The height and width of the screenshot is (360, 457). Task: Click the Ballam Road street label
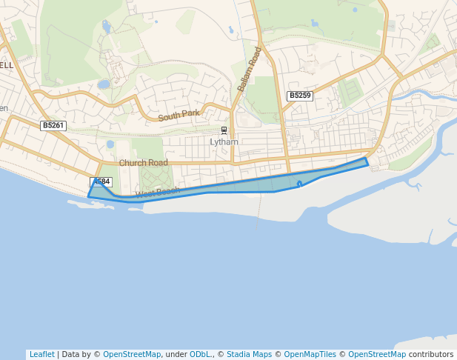click(x=250, y=70)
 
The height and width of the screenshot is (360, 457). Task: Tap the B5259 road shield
click(x=300, y=96)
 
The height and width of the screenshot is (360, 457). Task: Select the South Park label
click(x=179, y=115)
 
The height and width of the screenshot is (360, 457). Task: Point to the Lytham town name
click(x=224, y=141)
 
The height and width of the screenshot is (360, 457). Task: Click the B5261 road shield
click(x=53, y=126)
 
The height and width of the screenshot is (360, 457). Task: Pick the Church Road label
click(x=143, y=163)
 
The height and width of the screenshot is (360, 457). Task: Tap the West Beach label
click(x=157, y=193)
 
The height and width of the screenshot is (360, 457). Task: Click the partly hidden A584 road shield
click(x=102, y=181)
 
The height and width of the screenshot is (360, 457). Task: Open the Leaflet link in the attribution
click(x=41, y=354)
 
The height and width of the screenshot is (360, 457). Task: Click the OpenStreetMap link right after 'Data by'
click(x=131, y=354)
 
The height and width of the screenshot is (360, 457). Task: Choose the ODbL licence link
click(x=201, y=354)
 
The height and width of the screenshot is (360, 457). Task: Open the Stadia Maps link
click(x=249, y=354)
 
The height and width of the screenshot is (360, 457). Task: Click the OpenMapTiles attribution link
click(x=310, y=354)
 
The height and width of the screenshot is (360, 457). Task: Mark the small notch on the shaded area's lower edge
click(x=299, y=183)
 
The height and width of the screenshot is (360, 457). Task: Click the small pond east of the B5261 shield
click(x=110, y=144)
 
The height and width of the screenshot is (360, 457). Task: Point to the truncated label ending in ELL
click(x=7, y=65)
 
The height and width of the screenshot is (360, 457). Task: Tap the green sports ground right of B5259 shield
click(x=348, y=93)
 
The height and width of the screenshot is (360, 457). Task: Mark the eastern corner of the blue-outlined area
click(x=367, y=161)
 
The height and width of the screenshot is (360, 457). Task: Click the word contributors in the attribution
click(x=431, y=354)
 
